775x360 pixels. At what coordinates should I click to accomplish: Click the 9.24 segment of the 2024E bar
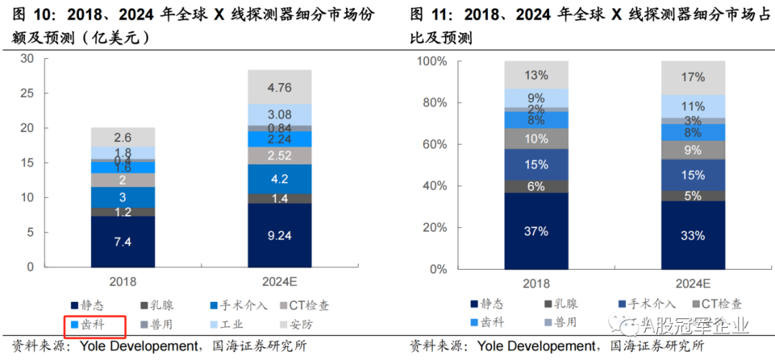click(279, 235)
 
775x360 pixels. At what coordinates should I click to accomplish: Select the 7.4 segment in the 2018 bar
click(123, 242)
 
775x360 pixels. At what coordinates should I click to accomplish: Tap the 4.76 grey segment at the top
click(279, 87)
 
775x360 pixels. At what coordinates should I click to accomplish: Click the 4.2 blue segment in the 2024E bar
click(279, 179)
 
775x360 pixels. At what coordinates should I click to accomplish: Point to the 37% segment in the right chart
click(535, 232)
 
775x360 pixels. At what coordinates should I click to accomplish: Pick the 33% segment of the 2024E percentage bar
click(692, 235)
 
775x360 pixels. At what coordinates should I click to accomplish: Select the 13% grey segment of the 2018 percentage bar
click(535, 75)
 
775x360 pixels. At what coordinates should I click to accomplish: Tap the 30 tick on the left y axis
click(27, 59)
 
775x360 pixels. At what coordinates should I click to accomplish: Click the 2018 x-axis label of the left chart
click(123, 282)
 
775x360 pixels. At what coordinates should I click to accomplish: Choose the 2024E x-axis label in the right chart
click(692, 284)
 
